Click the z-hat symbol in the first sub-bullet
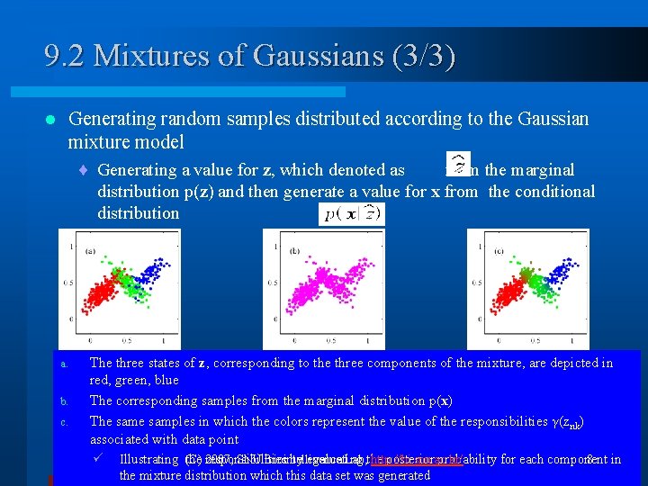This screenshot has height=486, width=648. coord(458,162)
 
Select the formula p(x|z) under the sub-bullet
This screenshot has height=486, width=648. coord(351,213)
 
